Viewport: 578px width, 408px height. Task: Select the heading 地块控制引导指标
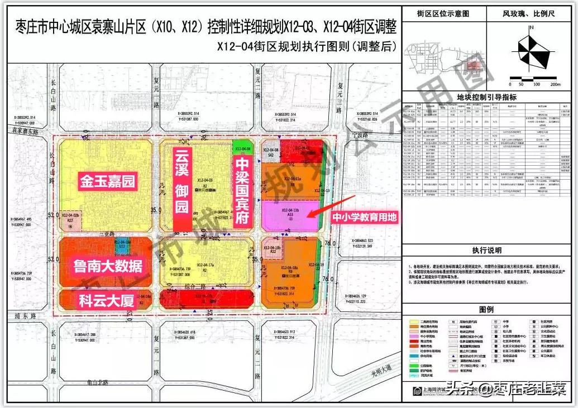coord(486,97)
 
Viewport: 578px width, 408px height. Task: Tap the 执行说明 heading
coord(486,251)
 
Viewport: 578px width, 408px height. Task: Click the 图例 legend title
coord(486,310)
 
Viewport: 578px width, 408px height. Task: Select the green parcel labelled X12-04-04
coord(242,148)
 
